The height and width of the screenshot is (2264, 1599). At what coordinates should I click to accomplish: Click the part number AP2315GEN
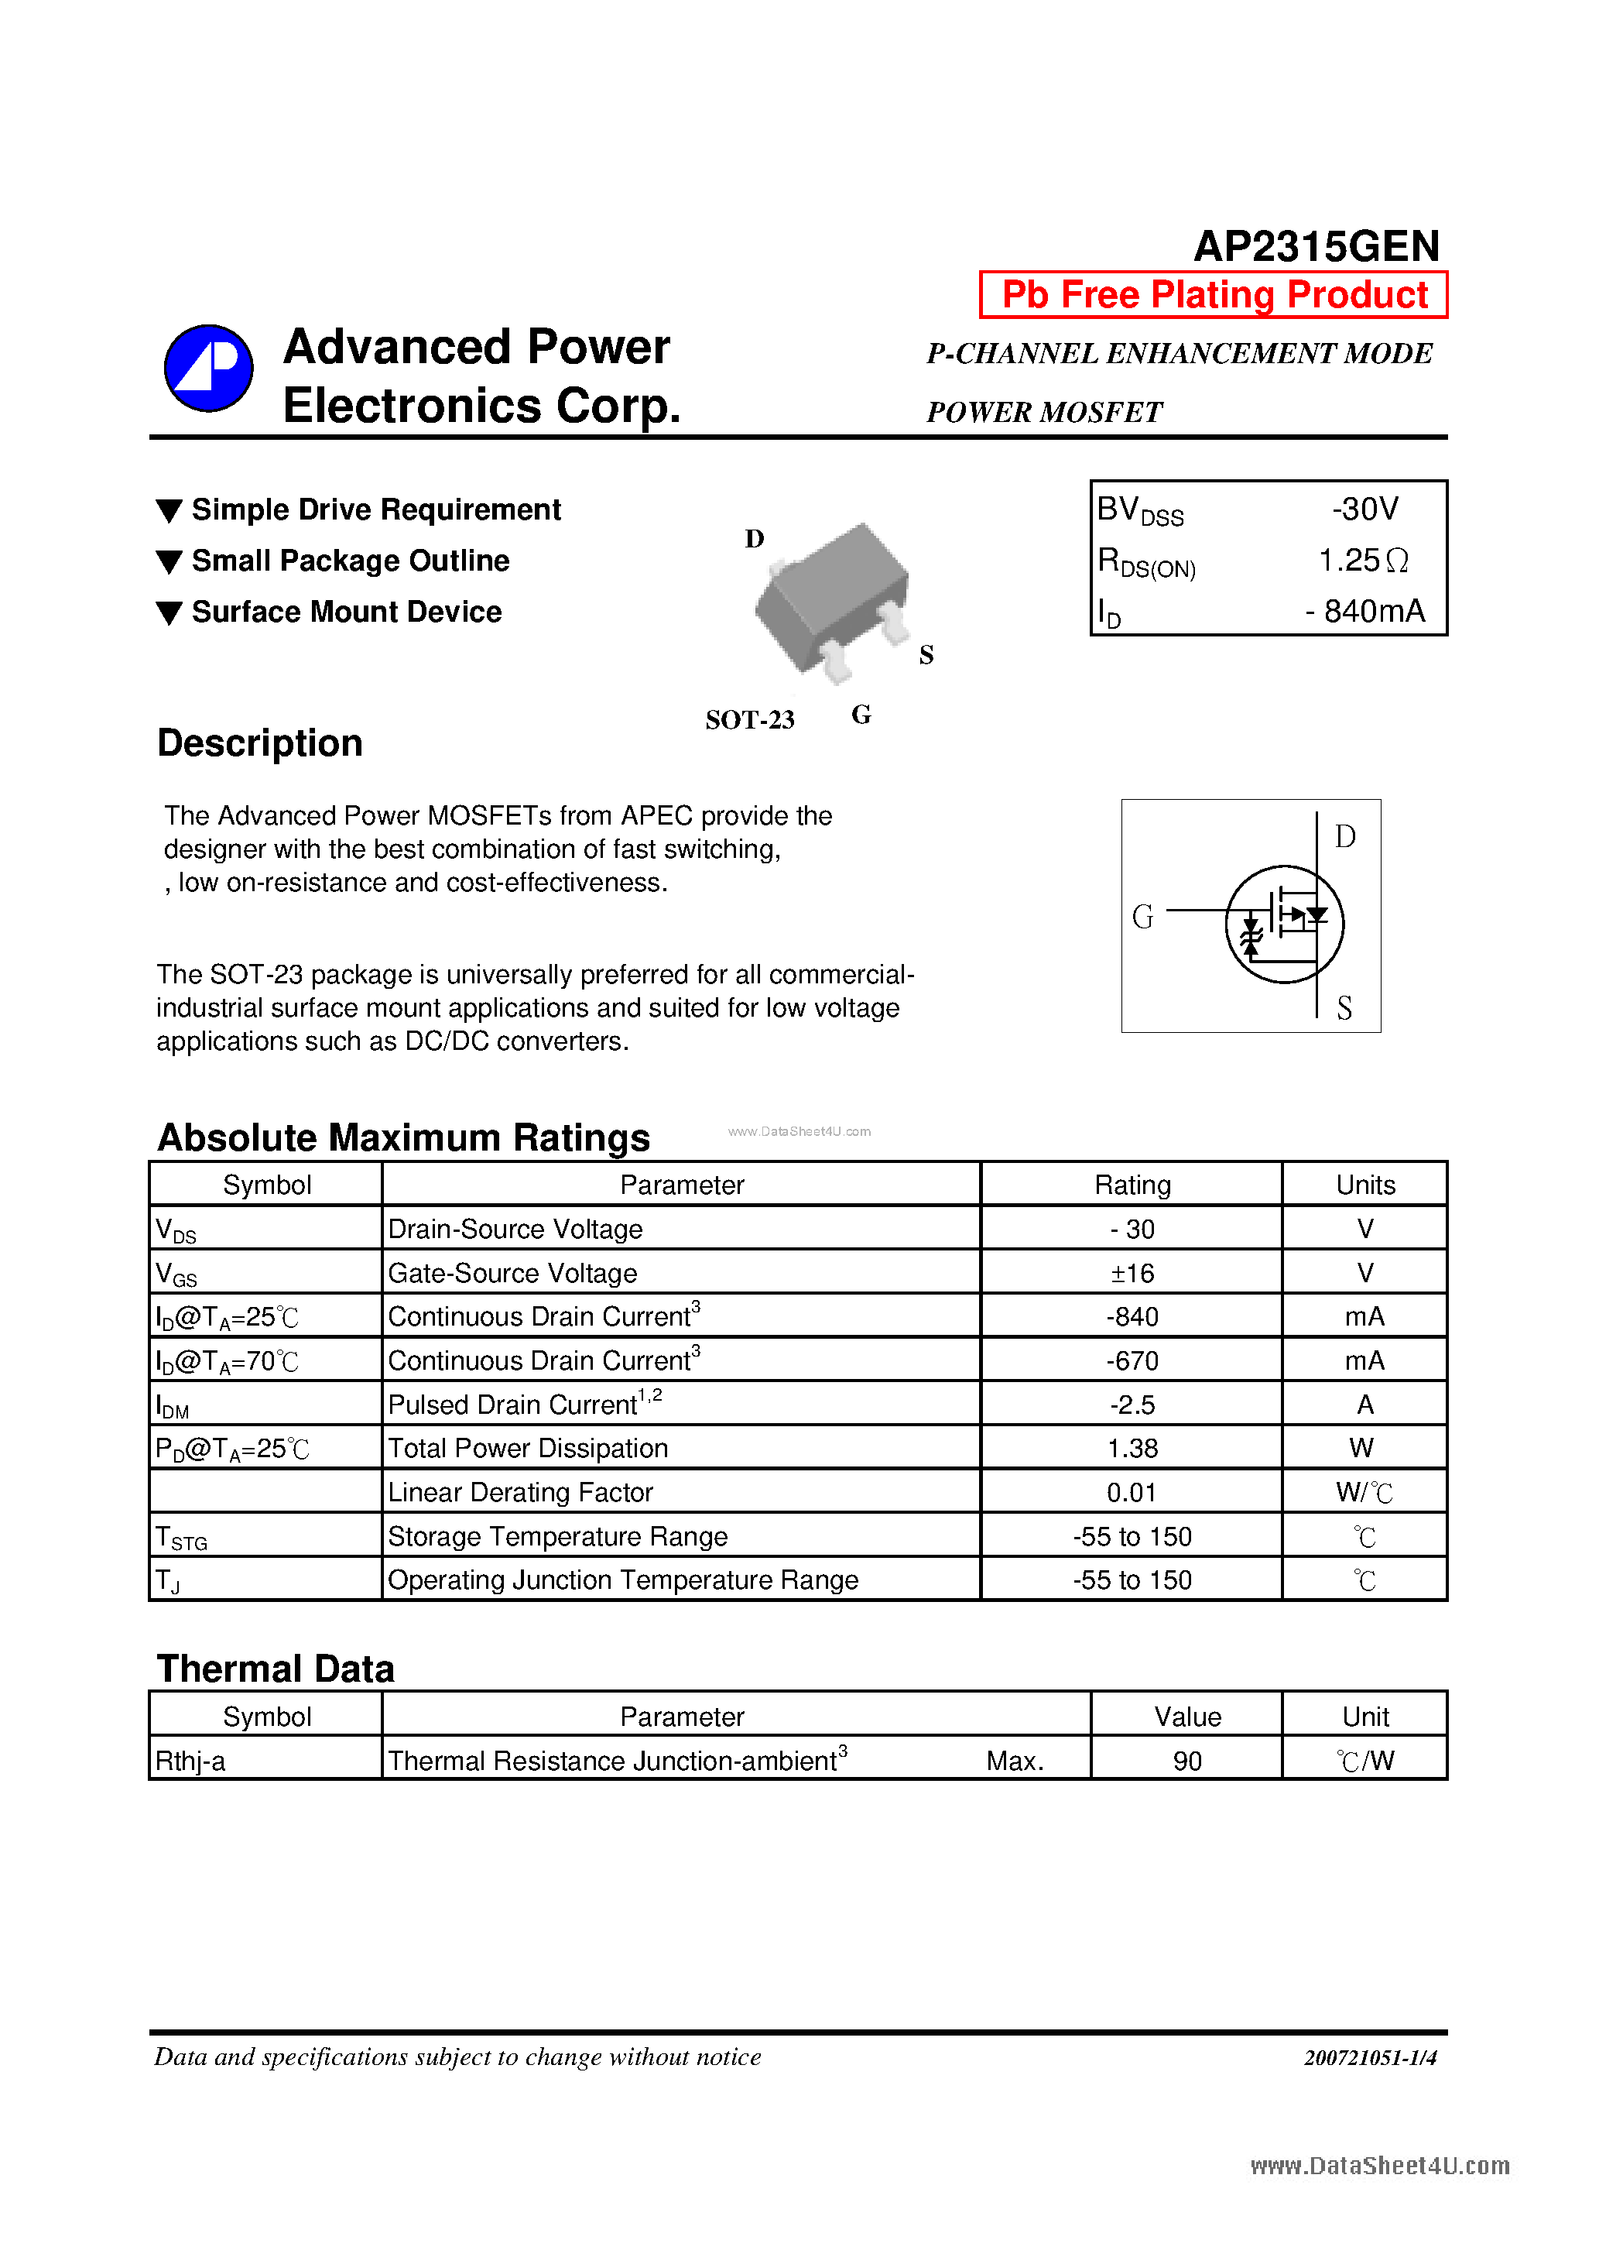pos(1316,245)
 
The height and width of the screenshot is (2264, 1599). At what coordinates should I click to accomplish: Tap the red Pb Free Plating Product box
pos(1214,295)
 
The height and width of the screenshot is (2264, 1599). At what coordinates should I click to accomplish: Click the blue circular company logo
pos(208,368)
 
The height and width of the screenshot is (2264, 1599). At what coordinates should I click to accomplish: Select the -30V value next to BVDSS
pos(1364,509)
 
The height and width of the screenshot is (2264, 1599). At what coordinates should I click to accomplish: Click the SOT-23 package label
pos(749,720)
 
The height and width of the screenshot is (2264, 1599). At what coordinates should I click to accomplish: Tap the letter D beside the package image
pos(754,538)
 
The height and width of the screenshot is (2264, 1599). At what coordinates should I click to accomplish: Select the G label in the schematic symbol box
pos(1142,916)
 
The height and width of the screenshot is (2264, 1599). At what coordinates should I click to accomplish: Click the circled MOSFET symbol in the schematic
pos(1283,924)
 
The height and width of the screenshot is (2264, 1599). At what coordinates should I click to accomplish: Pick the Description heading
pos(260,743)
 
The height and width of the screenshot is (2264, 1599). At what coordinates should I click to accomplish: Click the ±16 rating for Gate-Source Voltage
pos(1132,1273)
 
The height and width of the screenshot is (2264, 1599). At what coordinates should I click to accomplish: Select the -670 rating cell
pos(1132,1360)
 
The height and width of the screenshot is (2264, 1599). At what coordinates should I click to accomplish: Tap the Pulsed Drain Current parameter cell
pos(525,1404)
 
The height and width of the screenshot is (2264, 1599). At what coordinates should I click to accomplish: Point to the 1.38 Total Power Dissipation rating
pos(1132,1448)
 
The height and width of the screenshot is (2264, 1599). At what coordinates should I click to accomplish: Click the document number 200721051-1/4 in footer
pos(1369,2057)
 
